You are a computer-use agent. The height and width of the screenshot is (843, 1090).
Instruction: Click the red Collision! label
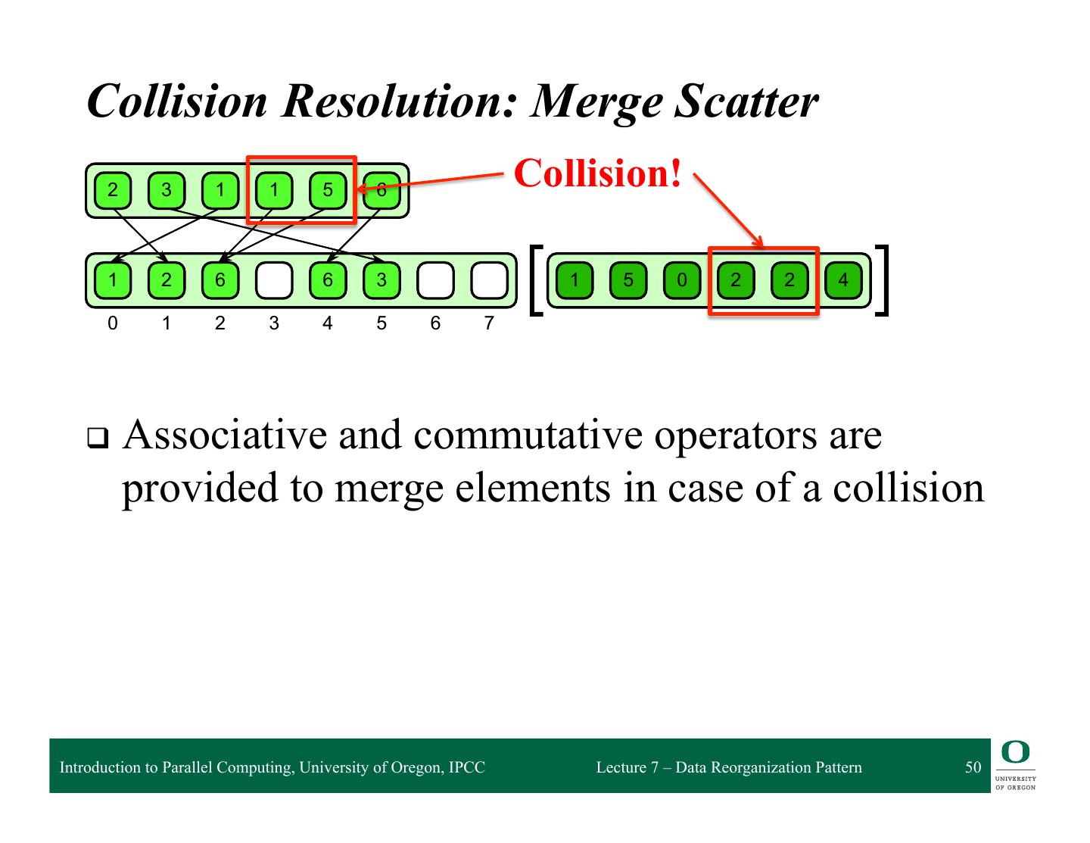598,173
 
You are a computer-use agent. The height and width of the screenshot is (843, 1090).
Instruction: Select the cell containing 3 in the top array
167,190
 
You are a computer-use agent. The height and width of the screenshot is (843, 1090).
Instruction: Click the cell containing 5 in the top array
328,190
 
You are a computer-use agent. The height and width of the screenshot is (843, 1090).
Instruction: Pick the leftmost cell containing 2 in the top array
113,190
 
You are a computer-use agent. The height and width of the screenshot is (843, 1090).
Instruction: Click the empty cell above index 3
274,280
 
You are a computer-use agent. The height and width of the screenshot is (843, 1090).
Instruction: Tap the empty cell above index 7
489,280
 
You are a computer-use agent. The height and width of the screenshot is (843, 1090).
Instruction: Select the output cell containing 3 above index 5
381,280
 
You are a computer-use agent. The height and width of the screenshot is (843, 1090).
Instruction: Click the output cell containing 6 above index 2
220,280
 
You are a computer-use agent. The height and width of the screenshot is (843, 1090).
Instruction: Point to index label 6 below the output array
435,323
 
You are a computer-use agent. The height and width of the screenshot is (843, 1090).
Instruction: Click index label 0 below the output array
113,323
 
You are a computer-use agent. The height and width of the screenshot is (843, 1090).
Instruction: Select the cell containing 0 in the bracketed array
682,280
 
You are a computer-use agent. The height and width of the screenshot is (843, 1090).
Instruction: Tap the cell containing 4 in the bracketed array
843,280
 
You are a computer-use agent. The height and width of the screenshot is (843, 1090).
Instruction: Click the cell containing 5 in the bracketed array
628,280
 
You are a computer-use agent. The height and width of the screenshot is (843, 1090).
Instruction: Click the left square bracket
536,279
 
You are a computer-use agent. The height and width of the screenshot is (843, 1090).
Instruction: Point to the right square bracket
881,279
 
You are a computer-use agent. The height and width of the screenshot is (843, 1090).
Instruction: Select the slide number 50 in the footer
973,767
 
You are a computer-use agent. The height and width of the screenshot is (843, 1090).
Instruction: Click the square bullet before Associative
97,438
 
